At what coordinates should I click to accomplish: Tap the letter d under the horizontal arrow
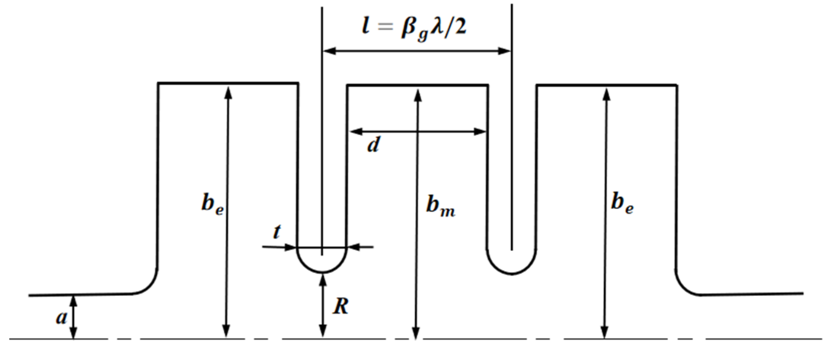[x=374, y=145]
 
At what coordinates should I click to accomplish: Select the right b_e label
[x=622, y=203]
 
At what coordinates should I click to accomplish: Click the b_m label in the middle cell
[x=440, y=206]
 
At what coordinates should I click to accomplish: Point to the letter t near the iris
[x=277, y=231]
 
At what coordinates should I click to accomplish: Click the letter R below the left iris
[x=340, y=306]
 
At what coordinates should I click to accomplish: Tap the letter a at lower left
[x=61, y=317]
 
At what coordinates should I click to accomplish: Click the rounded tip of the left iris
[x=322, y=271]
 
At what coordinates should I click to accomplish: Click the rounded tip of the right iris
[x=512, y=272]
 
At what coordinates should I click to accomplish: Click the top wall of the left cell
[x=228, y=83]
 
